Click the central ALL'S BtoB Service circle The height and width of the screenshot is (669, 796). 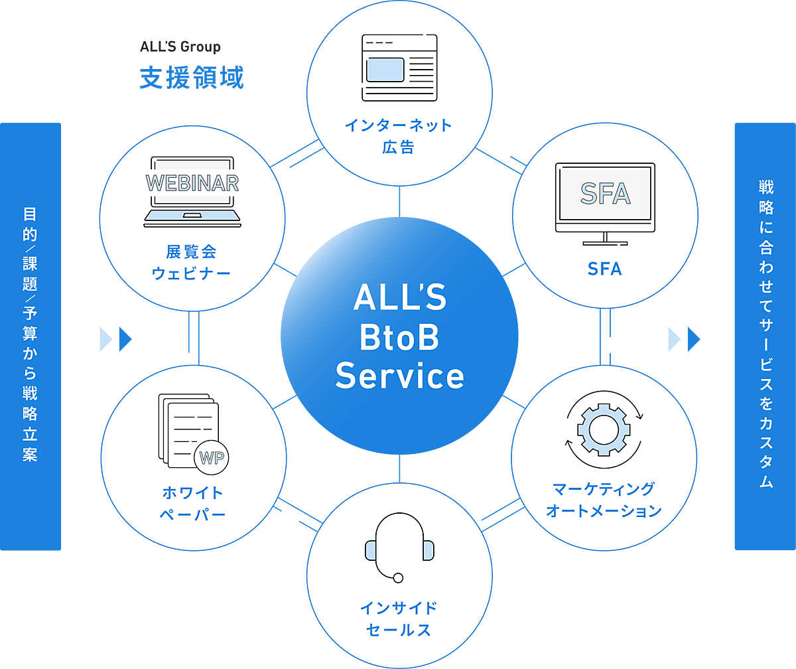399,338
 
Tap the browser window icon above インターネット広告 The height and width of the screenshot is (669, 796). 399,67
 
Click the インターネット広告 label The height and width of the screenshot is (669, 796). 399,136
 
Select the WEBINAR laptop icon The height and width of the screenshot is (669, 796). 192,192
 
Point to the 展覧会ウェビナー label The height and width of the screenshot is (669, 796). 192,262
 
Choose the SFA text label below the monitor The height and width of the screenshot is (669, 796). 605,269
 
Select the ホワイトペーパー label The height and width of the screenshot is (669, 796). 193,504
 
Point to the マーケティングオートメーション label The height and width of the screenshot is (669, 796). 604,500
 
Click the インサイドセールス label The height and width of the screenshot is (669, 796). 399,619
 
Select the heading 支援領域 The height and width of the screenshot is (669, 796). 192,78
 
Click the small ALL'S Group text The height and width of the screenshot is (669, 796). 180,47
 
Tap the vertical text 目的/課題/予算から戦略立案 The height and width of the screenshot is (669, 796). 30,335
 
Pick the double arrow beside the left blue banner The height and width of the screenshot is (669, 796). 116,339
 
